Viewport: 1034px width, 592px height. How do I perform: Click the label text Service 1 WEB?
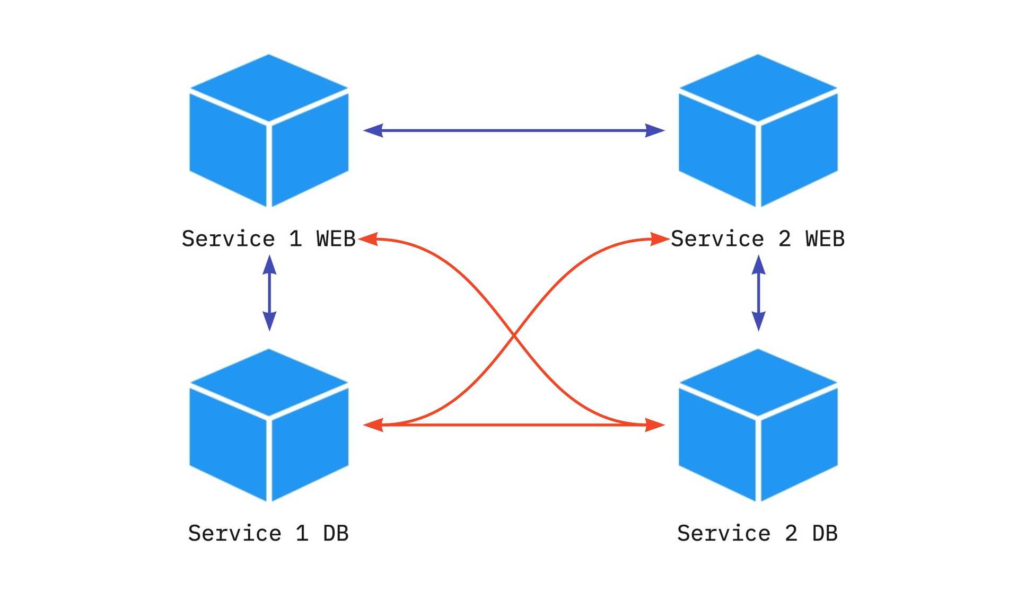pyautogui.click(x=268, y=239)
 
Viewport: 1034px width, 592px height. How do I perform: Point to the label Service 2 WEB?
pyautogui.click(x=757, y=239)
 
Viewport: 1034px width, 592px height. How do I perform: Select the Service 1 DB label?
pyautogui.click(x=268, y=533)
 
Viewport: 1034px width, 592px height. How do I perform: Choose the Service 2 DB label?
pyautogui.click(x=757, y=533)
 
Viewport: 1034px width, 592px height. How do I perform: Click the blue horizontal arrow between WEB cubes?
pyautogui.click(x=514, y=130)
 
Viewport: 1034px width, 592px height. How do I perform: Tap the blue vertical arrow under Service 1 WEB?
pyautogui.click(x=269, y=293)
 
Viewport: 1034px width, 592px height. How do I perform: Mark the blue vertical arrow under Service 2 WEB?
pyautogui.click(x=758, y=293)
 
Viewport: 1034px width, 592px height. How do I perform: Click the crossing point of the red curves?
pyautogui.click(x=514, y=335)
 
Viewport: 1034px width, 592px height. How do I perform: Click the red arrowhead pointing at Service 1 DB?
pyautogui.click(x=373, y=425)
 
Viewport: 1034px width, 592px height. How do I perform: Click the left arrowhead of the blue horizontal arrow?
pyautogui.click(x=373, y=130)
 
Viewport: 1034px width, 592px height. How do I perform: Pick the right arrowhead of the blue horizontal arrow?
pyautogui.click(x=655, y=130)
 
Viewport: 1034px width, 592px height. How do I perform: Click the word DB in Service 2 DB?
pyautogui.click(x=825, y=533)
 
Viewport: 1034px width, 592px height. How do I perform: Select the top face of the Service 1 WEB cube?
pyautogui.click(x=269, y=87)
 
